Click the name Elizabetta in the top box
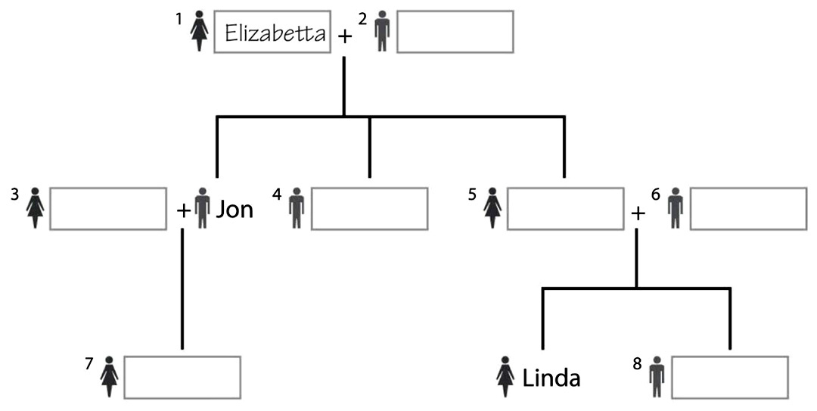click(275, 33)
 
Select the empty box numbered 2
click(455, 32)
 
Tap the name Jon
click(235, 209)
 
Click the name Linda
click(551, 377)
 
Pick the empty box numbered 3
click(108, 208)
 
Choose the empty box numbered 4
click(368, 208)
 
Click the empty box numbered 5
click(564, 208)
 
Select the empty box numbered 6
click(747, 208)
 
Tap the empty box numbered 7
click(182, 377)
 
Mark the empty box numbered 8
click(729, 377)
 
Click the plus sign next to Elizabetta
click(344, 36)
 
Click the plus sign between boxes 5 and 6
click(638, 213)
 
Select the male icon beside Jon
click(202, 209)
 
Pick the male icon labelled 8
click(657, 377)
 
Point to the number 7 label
click(89, 364)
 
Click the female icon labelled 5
click(493, 208)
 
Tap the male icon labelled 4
click(296, 208)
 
